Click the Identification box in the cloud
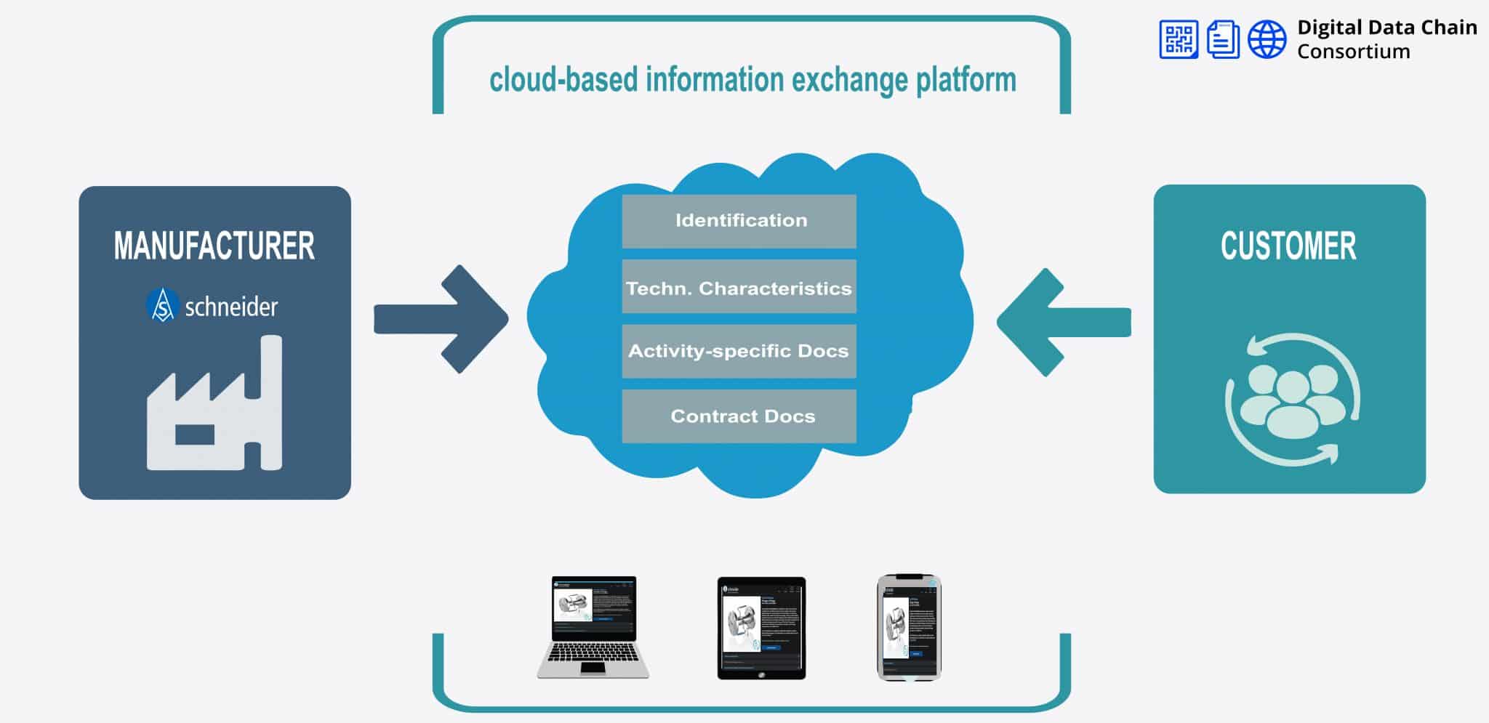[x=739, y=221]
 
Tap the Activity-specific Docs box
[x=739, y=351]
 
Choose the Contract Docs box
[x=739, y=416]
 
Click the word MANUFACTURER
[x=214, y=246]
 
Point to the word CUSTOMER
[x=1288, y=246]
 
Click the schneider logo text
[x=231, y=307]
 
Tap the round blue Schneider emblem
[x=162, y=305]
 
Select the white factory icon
[x=214, y=414]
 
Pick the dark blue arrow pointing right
[x=444, y=320]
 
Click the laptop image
[x=593, y=627]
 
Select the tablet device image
[x=761, y=629]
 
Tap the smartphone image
[x=909, y=628]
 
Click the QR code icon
[x=1178, y=39]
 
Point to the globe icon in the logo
[x=1267, y=39]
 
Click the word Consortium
[x=1353, y=52]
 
